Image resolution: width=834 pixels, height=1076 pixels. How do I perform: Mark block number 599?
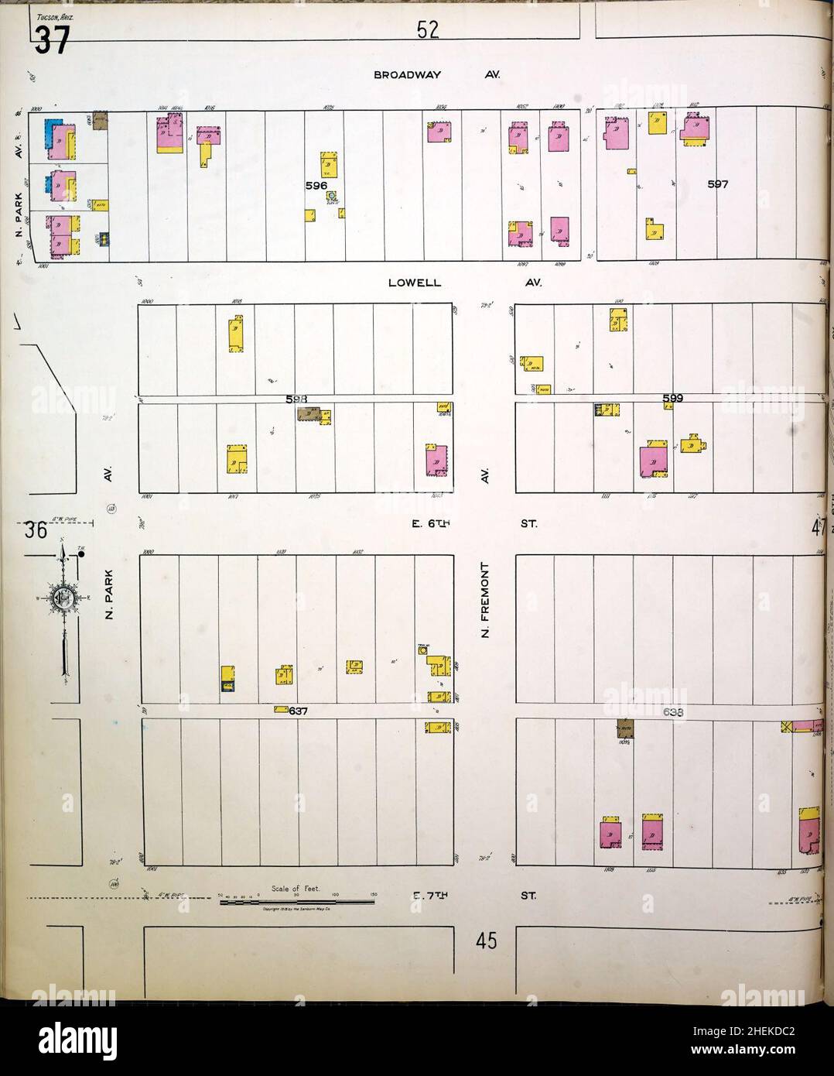[672, 398]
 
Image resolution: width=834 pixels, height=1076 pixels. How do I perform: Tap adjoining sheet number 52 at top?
[428, 31]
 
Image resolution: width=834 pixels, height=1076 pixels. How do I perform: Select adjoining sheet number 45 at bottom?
[485, 941]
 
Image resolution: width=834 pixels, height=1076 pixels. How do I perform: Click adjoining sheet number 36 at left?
[36, 531]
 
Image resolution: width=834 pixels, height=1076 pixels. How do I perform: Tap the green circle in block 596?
[331, 197]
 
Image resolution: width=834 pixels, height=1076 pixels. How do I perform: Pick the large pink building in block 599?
[655, 462]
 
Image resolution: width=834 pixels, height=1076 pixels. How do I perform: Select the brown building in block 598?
[308, 415]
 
